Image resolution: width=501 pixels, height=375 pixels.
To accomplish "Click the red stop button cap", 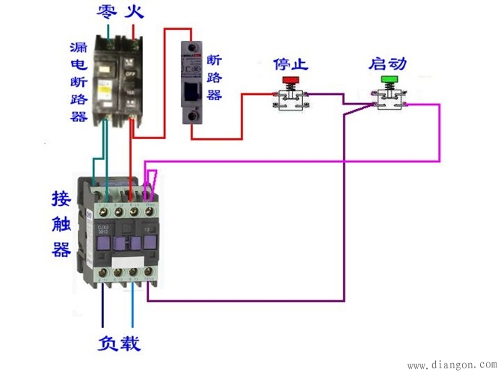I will [289, 79].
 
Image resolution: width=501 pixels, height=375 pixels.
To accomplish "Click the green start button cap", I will [389, 79].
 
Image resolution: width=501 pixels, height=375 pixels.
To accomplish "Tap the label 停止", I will [290, 63].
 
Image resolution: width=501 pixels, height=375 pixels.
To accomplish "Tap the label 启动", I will [387, 63].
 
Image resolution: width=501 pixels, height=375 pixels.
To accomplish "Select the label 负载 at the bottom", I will [119, 344].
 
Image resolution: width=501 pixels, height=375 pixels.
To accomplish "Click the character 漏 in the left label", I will [79, 46].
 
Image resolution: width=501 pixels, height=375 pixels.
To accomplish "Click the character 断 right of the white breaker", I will [214, 60].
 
